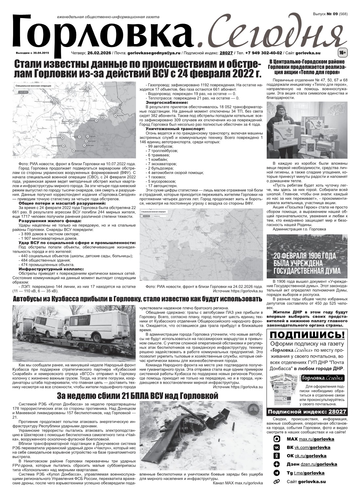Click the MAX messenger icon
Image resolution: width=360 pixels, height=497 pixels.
click(x=277, y=439)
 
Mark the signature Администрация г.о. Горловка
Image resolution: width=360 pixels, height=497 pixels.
click(x=299, y=229)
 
